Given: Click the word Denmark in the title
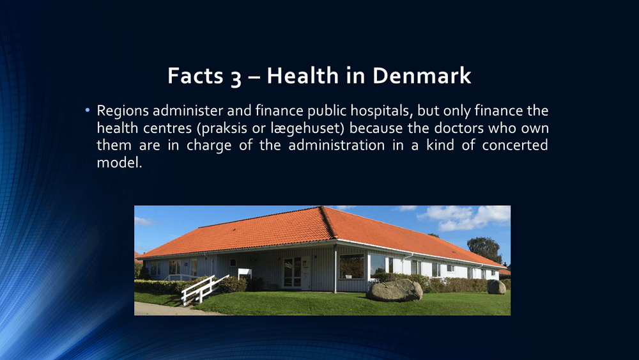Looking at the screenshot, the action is pos(421,75).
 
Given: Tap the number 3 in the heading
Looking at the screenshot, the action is pos(236,77).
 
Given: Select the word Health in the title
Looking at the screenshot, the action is pos(303,75).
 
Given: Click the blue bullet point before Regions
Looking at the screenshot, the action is pos(87,110).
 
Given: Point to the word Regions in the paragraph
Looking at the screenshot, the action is pos(123,111).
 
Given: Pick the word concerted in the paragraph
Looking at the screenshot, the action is pos(515,145).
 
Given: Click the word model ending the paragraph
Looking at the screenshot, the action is pos(119,162).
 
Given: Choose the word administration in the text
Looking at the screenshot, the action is pos(337,145).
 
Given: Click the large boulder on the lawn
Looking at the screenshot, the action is pos(394,290).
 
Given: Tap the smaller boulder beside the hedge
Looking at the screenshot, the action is pos(497,286).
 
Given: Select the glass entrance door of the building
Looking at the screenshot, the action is pos(293,272).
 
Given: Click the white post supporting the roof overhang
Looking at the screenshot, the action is pos(335,269).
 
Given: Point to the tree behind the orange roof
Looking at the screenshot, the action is pos(484,249).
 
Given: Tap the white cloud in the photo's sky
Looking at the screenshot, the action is pos(465,217).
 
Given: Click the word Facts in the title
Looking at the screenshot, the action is pos(195,75).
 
